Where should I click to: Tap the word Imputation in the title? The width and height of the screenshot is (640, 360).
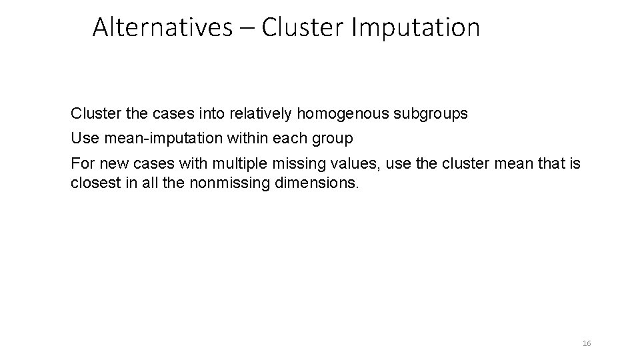(x=413, y=27)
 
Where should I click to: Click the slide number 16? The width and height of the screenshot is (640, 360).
(x=587, y=343)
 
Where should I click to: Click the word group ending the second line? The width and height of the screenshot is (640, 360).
(x=335, y=139)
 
